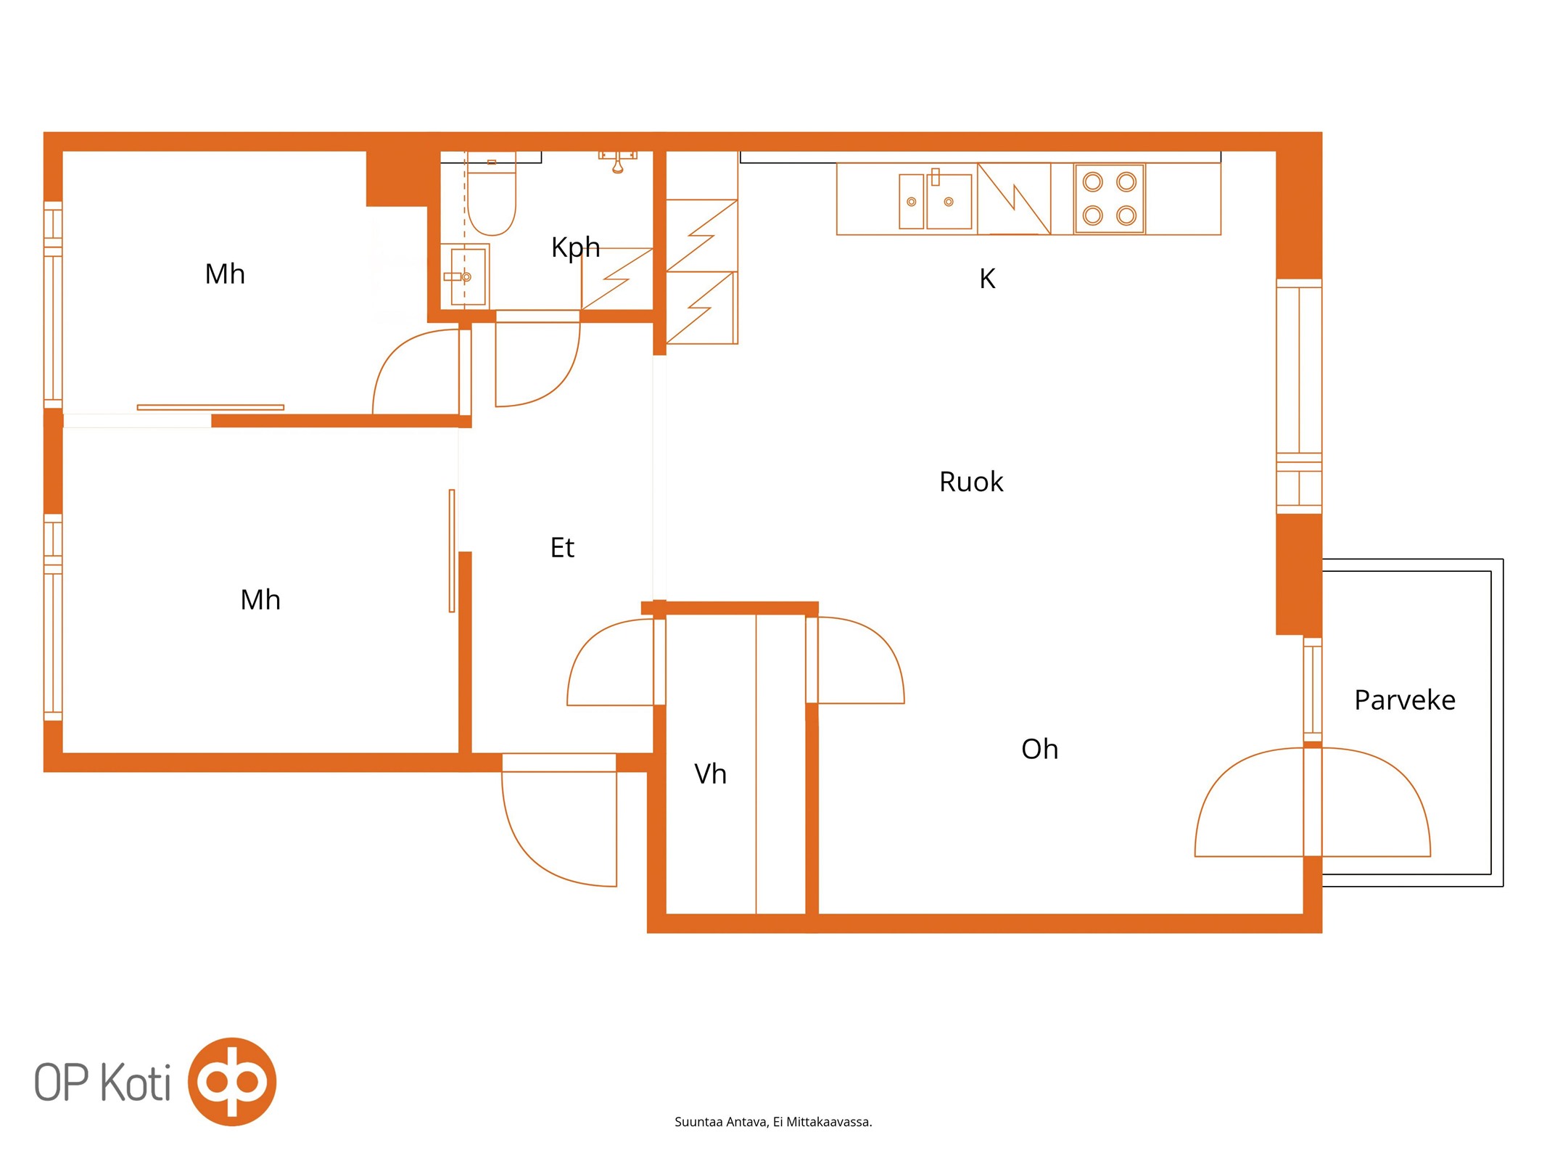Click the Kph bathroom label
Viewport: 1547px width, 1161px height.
(x=575, y=248)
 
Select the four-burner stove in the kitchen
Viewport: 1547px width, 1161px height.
(x=1109, y=198)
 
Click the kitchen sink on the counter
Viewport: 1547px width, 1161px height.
(x=935, y=200)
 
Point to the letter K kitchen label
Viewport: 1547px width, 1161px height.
(x=987, y=279)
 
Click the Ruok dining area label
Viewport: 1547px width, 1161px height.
(x=971, y=482)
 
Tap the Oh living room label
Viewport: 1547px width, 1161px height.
(x=1039, y=749)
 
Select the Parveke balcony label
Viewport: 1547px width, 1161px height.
(x=1405, y=700)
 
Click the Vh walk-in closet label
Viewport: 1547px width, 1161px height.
(x=710, y=774)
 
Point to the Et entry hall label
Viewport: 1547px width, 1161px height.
(x=562, y=547)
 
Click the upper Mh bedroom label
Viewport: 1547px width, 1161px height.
(x=225, y=274)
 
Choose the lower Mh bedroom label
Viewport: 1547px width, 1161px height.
(x=260, y=599)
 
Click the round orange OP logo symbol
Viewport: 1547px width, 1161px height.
(x=232, y=1081)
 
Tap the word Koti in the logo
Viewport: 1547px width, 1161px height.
(x=135, y=1083)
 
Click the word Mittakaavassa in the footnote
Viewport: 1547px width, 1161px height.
(x=829, y=1122)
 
